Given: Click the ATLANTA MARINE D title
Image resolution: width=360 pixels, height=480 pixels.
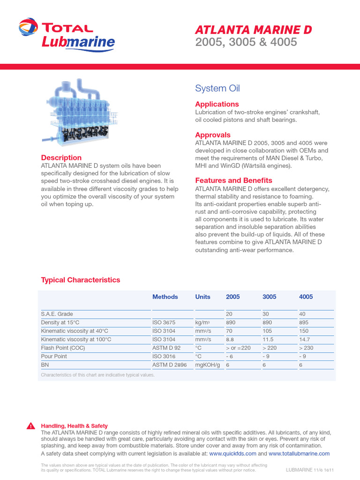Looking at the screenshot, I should (x=253, y=30).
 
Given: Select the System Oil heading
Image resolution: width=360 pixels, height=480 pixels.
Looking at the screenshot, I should (x=217, y=89).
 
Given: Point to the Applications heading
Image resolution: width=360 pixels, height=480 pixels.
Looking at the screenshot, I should (x=217, y=104).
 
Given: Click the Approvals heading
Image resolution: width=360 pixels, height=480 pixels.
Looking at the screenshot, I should (x=213, y=135).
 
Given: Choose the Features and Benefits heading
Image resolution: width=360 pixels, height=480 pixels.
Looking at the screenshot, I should (x=233, y=180).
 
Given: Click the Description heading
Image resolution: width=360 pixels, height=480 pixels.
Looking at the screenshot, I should (x=61, y=158).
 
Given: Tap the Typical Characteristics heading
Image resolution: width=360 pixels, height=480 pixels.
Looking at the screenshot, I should (x=81, y=280).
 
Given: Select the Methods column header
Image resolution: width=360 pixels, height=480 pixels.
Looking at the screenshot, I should (x=165, y=297).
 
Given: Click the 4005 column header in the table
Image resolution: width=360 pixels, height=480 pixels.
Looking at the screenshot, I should (x=306, y=297).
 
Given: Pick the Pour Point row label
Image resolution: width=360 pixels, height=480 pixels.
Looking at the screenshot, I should (x=54, y=356).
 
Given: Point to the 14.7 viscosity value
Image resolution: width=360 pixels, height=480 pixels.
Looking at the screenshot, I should (x=305, y=339).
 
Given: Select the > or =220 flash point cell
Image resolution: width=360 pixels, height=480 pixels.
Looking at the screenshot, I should (x=238, y=348).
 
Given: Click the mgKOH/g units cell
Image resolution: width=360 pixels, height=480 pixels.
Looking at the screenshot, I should (x=208, y=364).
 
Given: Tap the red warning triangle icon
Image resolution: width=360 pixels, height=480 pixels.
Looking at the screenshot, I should (x=30, y=426).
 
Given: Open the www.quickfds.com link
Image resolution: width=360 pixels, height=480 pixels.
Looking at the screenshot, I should (x=232, y=454).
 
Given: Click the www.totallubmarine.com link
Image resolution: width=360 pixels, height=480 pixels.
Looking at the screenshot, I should (x=299, y=454).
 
